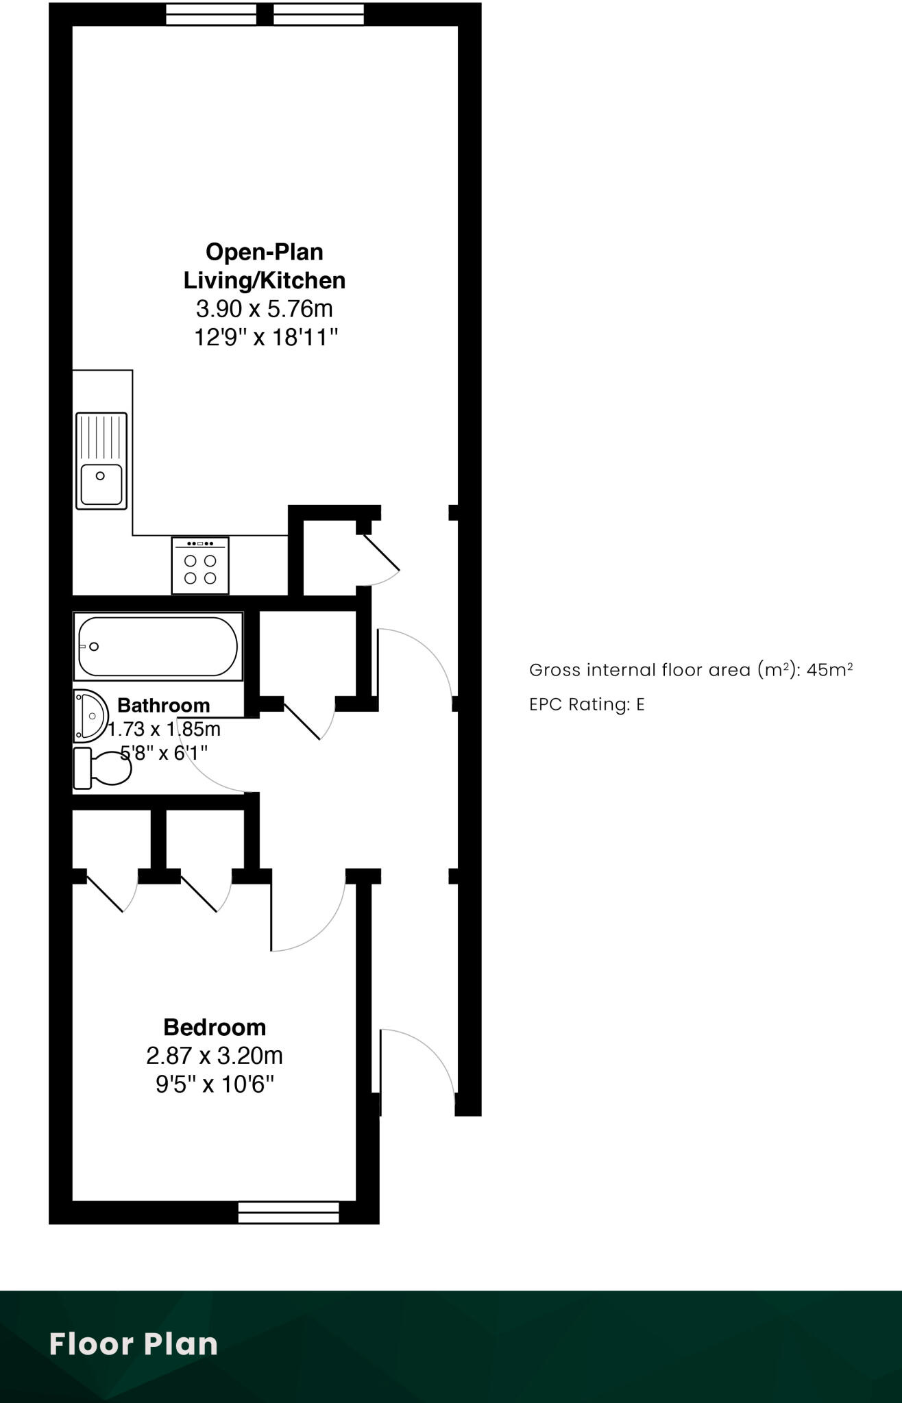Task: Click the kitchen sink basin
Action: (101, 484)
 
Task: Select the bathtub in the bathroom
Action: (158, 646)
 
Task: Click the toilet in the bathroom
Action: (103, 768)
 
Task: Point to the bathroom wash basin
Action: (90, 716)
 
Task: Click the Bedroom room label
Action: (215, 1027)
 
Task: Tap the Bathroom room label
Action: (163, 705)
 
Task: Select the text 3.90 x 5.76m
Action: (265, 309)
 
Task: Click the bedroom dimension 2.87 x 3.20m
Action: (215, 1056)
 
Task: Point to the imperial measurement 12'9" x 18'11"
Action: (267, 338)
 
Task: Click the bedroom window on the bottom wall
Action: (289, 1212)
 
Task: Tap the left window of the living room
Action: (211, 14)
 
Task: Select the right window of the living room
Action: (319, 14)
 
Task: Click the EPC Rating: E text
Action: (587, 704)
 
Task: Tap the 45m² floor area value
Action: (829, 669)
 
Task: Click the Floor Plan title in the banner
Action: (134, 1344)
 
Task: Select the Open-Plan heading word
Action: (265, 252)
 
